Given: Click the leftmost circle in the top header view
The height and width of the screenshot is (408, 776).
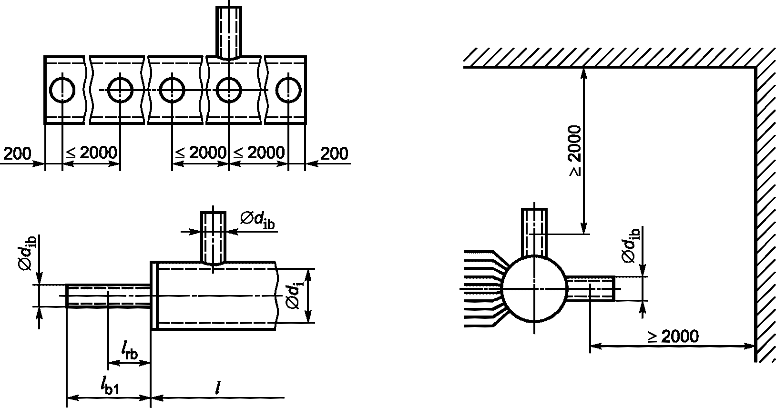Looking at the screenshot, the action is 50,90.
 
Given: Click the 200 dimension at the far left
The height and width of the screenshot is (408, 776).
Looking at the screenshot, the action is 17,153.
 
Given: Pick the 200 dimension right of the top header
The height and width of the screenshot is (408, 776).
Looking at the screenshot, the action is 334,153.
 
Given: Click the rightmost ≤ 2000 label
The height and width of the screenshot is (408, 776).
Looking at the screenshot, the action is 259,153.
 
